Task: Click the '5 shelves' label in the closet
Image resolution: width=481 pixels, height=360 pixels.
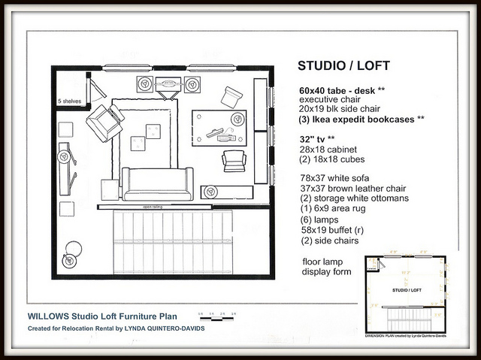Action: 69,100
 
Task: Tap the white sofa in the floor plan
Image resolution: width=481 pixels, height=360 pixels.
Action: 158,184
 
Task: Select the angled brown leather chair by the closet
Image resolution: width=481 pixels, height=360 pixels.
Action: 104,122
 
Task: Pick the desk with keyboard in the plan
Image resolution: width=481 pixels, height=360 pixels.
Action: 219,127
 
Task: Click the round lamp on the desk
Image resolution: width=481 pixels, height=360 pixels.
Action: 237,118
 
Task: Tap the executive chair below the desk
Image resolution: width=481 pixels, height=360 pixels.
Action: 234,160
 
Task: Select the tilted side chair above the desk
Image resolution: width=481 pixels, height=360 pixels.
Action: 231,95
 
